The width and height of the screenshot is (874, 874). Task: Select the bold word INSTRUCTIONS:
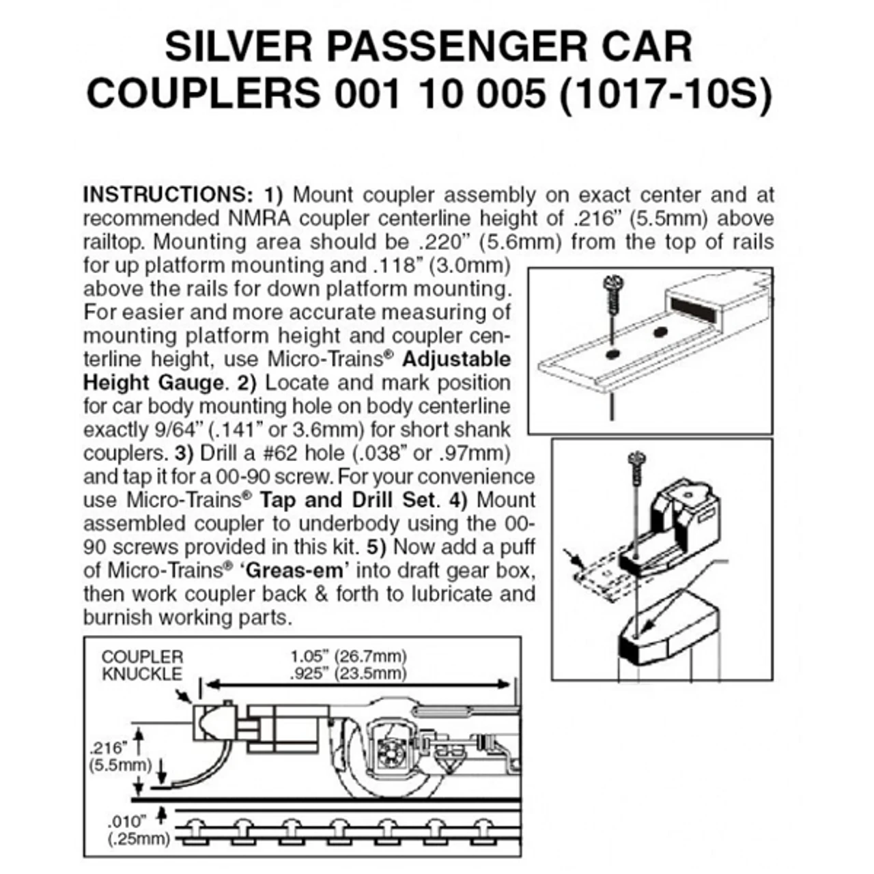point(167,195)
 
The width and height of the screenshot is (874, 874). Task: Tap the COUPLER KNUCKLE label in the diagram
point(142,665)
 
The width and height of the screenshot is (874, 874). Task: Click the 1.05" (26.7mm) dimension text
point(348,656)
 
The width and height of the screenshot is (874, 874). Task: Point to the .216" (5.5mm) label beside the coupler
point(109,755)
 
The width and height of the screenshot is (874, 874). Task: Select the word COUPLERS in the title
point(202,95)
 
